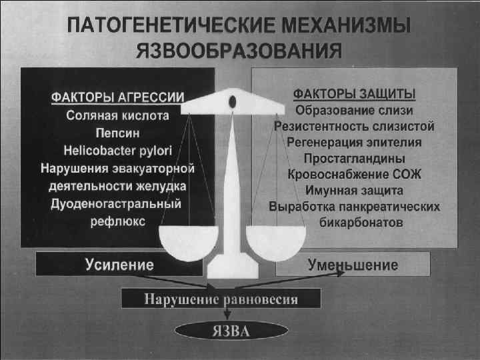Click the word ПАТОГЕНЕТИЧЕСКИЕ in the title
[x=158, y=27]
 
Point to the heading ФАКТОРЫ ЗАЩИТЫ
[x=355, y=93]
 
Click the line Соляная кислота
[x=118, y=115]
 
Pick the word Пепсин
[x=117, y=132]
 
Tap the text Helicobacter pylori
[x=117, y=150]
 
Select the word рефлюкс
[x=117, y=221]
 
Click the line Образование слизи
[x=354, y=109]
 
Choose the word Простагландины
[x=354, y=159]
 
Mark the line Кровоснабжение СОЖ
[x=354, y=175]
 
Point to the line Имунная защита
[x=354, y=191]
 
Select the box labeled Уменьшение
[x=353, y=265]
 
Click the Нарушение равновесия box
[x=221, y=299]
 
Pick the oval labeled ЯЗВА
[x=231, y=329]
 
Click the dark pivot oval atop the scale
[x=231, y=101]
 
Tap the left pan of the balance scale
[x=184, y=241]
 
